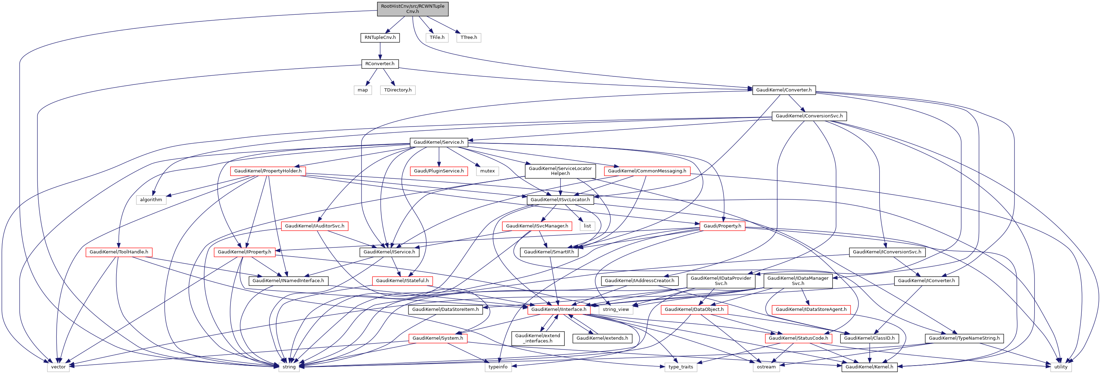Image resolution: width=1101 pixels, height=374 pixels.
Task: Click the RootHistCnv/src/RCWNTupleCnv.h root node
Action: point(412,8)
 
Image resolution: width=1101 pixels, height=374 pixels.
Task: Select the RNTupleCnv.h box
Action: point(380,38)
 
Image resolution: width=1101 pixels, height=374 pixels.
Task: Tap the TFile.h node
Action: point(437,38)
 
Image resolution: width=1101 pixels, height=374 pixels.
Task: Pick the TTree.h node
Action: point(468,38)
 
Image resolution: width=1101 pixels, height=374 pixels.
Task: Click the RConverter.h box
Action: point(380,64)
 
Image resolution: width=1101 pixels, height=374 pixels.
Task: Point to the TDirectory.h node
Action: point(398,90)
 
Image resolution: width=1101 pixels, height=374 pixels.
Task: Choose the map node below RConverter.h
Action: point(363,90)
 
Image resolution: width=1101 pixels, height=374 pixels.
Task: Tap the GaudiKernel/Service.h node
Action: point(439,142)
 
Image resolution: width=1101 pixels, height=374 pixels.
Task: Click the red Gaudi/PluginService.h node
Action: point(439,171)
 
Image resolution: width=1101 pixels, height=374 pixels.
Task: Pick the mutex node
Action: point(487,171)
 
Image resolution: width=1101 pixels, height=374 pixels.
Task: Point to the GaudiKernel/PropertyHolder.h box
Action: point(268,171)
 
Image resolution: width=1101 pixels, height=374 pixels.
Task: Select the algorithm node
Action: point(151,199)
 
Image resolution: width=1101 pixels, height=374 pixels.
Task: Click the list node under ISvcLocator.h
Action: point(587,226)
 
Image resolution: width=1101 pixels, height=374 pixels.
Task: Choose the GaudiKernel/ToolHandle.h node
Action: point(119,252)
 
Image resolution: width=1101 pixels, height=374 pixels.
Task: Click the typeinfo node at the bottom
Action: point(498,367)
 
